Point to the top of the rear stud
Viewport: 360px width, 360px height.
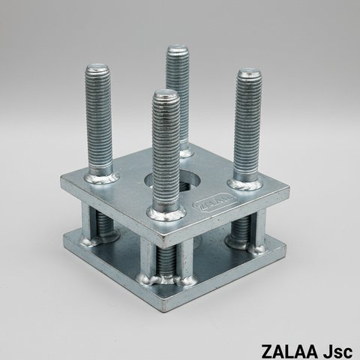pyautogui.click(x=178, y=49)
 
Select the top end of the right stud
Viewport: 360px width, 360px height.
pyautogui.click(x=248, y=73)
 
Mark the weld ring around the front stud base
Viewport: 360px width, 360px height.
pyautogui.click(x=166, y=213)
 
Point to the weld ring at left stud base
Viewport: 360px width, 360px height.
pyautogui.click(x=101, y=177)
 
